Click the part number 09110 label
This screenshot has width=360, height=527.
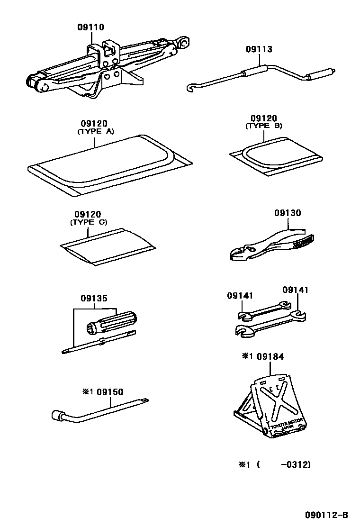click(90, 27)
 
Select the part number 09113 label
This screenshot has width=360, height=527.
click(259, 49)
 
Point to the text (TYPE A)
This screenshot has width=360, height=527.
click(95, 132)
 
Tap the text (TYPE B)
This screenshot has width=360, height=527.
click(263, 126)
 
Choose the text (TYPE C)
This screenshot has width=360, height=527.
click(89, 222)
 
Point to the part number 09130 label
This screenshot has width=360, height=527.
click(287, 213)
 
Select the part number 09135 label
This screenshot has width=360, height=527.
click(94, 299)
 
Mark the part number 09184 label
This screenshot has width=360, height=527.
click(270, 356)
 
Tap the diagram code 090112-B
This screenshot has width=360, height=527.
click(326, 515)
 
